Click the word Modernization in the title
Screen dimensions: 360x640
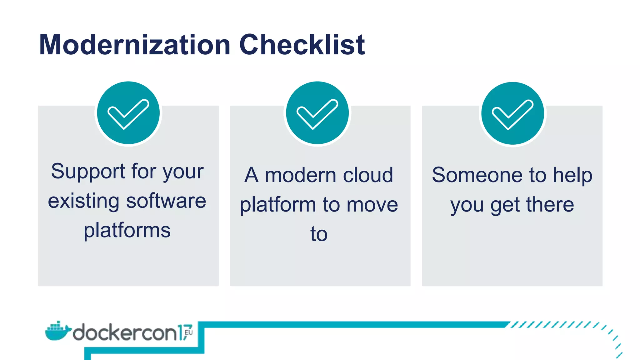pos(135,45)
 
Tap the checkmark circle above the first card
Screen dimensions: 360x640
pos(128,113)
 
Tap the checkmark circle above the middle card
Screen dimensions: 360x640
pos(317,113)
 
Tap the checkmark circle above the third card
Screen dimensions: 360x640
pos(512,113)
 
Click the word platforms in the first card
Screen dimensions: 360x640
pos(127,231)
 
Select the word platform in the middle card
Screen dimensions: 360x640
pos(278,205)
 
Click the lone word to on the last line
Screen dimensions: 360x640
pos(319,234)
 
